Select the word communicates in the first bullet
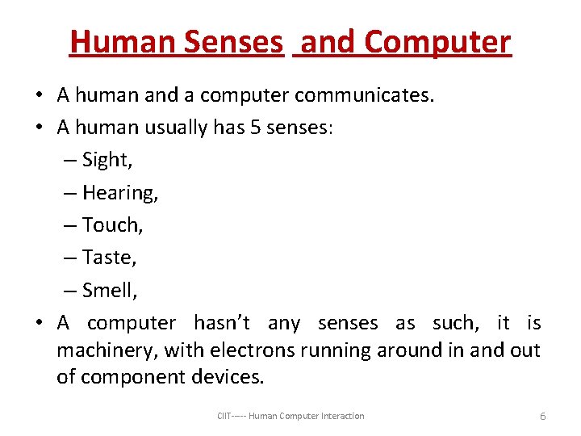pos(364,95)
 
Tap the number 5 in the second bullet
pos(255,128)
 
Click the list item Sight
pos(107,160)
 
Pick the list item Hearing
pos(119,193)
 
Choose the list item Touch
pos(112,225)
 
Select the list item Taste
pos(110,258)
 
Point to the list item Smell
pos(111,290)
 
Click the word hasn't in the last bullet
pos(221,323)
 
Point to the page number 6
pos(542,416)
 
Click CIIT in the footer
pos(224,416)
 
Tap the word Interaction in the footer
pos(343,416)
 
